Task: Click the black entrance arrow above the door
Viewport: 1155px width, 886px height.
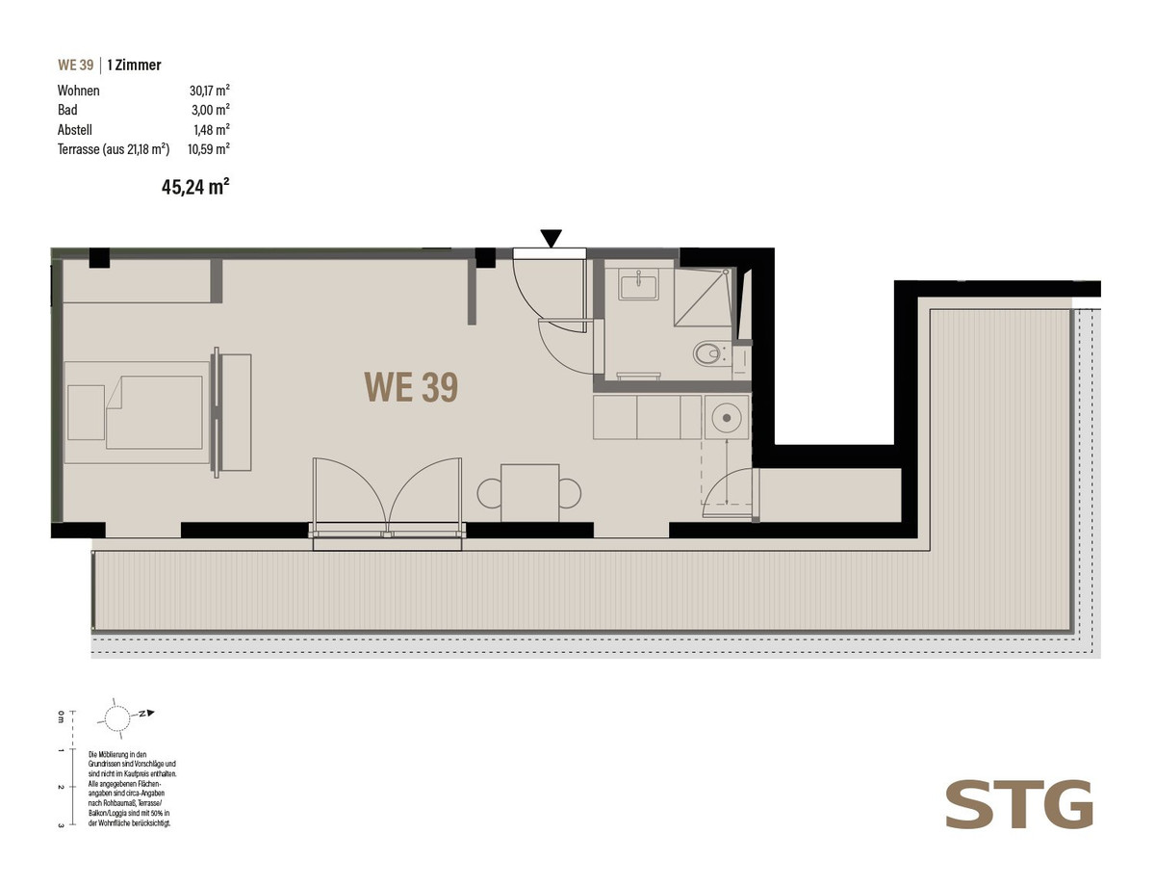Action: tap(552, 238)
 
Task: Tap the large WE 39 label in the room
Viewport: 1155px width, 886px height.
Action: tap(411, 387)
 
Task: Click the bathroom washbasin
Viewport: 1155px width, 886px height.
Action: tap(638, 284)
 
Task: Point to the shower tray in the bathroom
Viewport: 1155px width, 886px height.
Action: tap(703, 297)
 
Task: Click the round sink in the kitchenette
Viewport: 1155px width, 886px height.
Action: tap(727, 417)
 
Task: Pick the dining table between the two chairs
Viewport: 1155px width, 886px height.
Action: tap(529, 493)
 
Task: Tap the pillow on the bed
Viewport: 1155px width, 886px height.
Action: tap(86, 413)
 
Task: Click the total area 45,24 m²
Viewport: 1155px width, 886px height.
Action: tap(195, 187)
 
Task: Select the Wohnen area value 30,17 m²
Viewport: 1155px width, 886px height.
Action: tap(210, 91)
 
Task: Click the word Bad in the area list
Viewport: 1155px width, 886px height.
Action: tap(67, 110)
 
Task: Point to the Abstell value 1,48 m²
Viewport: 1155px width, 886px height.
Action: tap(212, 130)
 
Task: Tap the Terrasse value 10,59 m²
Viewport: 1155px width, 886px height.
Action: tap(208, 149)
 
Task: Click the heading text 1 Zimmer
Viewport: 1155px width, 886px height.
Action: tap(134, 65)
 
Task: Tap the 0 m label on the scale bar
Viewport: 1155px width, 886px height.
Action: tap(61, 716)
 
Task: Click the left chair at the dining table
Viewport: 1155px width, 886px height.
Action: tap(489, 493)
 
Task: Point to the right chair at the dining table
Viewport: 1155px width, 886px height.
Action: tap(570, 493)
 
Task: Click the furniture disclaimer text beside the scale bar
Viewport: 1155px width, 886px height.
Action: tap(133, 789)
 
